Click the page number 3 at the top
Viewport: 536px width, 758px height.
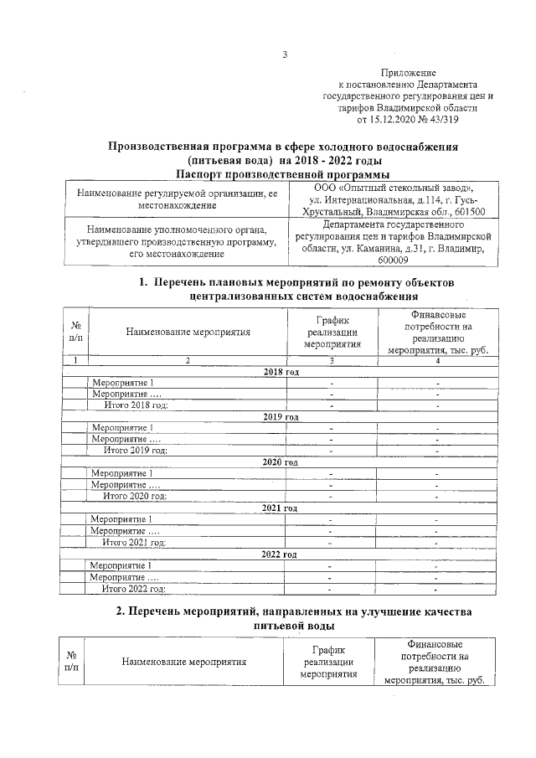pos(284,55)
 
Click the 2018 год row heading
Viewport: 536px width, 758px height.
pos(281,371)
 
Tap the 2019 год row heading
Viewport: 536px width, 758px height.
pos(281,416)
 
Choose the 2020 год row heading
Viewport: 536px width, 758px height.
pos(281,462)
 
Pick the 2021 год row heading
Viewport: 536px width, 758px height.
pos(281,508)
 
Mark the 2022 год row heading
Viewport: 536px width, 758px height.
pos(280,554)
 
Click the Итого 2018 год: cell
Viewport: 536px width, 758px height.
pos(135,405)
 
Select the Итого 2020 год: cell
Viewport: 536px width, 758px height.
pos(135,496)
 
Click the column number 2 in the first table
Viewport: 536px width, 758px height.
pos(188,359)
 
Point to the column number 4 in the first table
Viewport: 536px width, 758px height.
pos(437,359)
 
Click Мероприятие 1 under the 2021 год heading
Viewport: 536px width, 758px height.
pos(121,519)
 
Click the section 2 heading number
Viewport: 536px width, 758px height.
pos(120,611)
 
